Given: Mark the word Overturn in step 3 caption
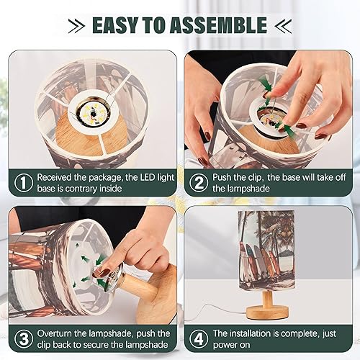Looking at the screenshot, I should click(57, 333).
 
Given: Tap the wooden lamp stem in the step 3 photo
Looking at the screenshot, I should click(154, 288).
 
